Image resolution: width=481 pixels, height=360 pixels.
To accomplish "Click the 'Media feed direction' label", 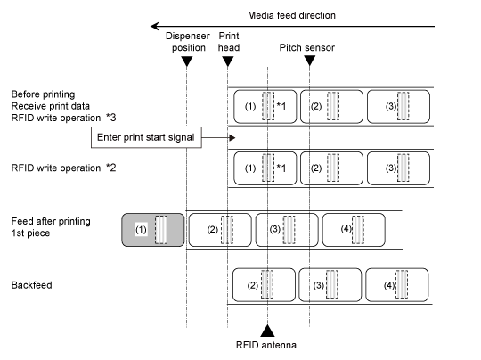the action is [x=291, y=15].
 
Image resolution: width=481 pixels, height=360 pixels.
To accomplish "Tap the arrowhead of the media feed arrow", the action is [x=155, y=27].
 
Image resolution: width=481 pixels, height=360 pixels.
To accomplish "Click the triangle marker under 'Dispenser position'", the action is [x=187, y=61].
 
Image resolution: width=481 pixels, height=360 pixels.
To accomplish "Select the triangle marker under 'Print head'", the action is [x=228, y=61].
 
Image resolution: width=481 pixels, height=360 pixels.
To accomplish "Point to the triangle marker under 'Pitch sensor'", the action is [x=309, y=61].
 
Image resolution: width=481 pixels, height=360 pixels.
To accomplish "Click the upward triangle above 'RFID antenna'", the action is [x=267, y=331].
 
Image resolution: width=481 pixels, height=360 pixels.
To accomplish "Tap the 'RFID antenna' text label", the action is [x=266, y=345].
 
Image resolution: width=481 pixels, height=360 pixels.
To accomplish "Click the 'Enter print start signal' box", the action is [x=146, y=137].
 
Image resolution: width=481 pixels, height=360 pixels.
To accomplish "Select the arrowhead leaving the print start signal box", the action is [x=232, y=138].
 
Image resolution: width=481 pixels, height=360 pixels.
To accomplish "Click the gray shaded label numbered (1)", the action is [x=153, y=230].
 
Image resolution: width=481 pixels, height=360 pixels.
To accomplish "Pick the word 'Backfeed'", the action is [x=31, y=285].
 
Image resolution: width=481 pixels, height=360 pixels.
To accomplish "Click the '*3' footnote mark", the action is [x=111, y=118].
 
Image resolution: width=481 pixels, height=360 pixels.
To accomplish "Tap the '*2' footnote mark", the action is [x=111, y=168].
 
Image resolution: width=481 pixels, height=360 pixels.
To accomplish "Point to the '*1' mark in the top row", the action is [x=281, y=106].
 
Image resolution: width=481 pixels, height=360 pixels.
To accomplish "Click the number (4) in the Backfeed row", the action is [x=389, y=285].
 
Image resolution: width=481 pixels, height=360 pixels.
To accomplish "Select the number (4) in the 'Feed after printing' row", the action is [x=346, y=229].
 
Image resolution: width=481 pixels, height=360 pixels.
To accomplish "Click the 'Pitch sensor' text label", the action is [x=306, y=47].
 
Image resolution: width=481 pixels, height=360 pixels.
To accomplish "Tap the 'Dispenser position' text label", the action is [x=188, y=42].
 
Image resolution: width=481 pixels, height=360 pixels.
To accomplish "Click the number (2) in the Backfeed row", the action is [x=253, y=285].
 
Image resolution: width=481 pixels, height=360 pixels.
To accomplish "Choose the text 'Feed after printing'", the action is [x=51, y=221].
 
